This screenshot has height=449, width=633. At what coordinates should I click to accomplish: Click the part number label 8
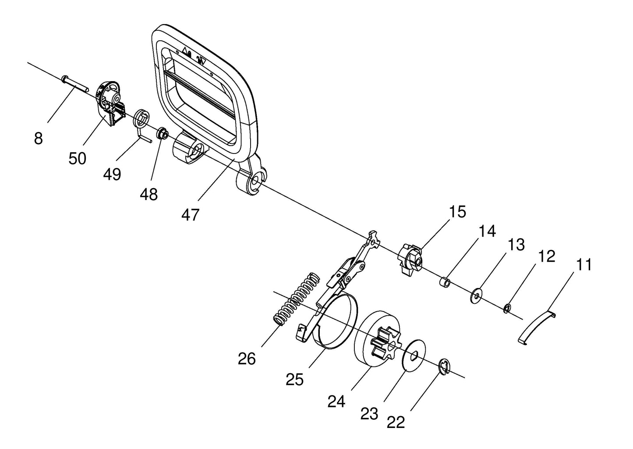pos(39,139)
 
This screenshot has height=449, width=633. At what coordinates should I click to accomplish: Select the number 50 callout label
pos(77,158)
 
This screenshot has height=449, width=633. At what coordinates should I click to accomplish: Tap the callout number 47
pos(190,215)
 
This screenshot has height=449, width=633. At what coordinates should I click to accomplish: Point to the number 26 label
pos(247,359)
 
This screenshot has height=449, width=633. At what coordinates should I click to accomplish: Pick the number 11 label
pos(582,265)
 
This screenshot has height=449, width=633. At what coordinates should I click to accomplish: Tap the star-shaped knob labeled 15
pos(411,261)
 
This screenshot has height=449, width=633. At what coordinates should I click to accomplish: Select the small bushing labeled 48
pos(162,132)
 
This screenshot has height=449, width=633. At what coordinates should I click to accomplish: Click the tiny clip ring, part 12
pos(507,309)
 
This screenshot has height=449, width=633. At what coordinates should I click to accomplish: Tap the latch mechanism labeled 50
pos(110,103)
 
